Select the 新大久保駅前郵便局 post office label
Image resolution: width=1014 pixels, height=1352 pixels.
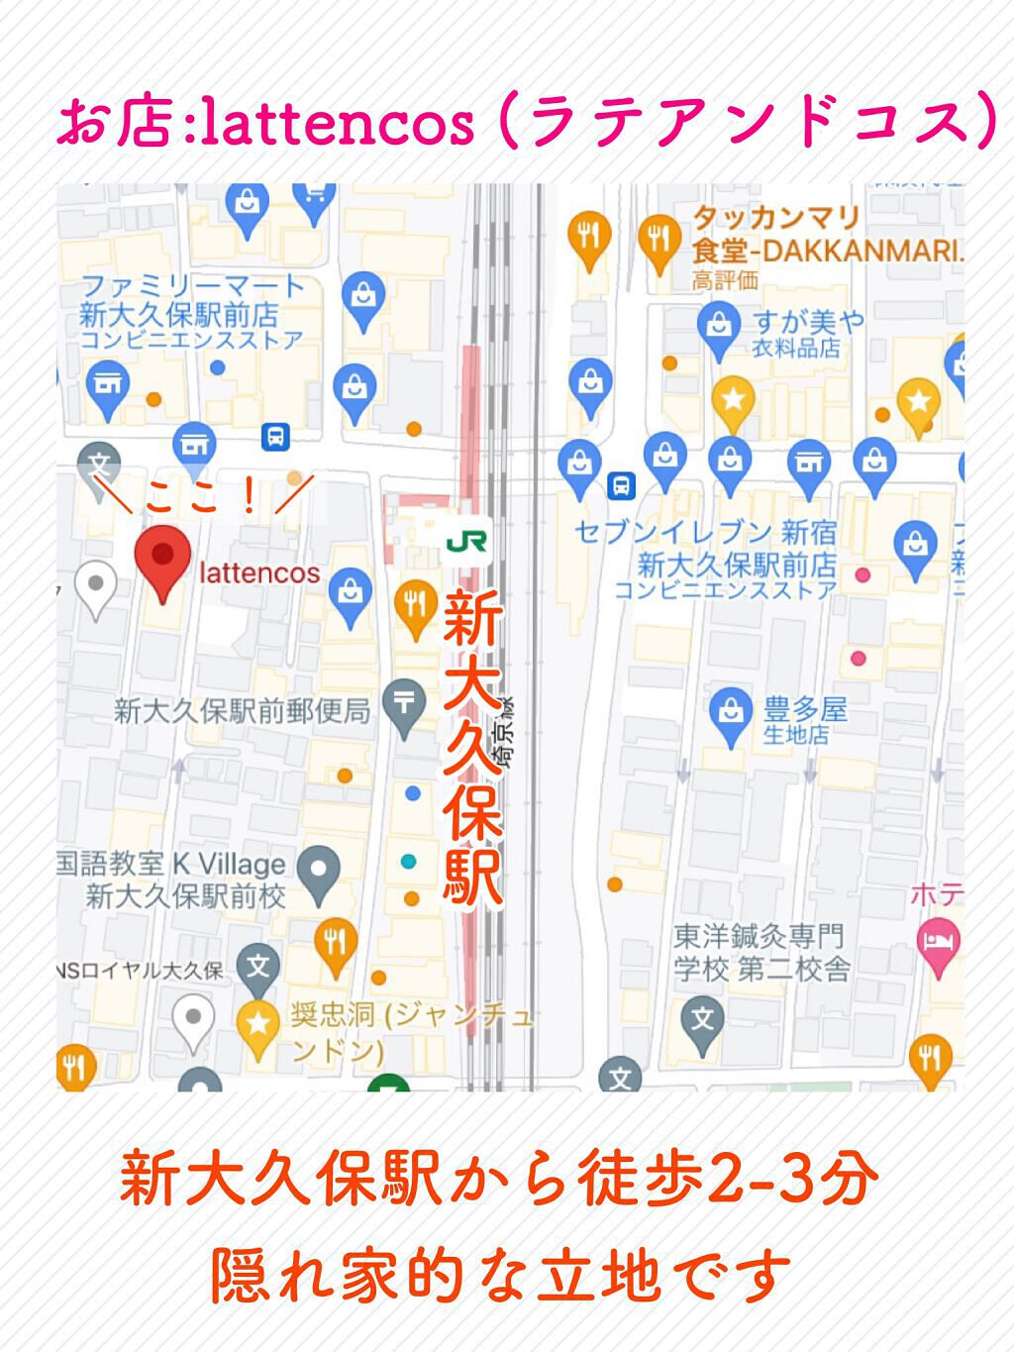tap(242, 710)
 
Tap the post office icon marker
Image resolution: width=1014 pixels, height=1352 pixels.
tap(404, 705)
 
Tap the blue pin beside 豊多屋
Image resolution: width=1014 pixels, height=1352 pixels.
tap(731, 714)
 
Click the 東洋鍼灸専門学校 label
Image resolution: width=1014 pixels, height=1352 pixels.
tap(760, 952)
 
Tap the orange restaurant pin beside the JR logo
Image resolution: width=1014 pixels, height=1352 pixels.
tap(415, 606)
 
